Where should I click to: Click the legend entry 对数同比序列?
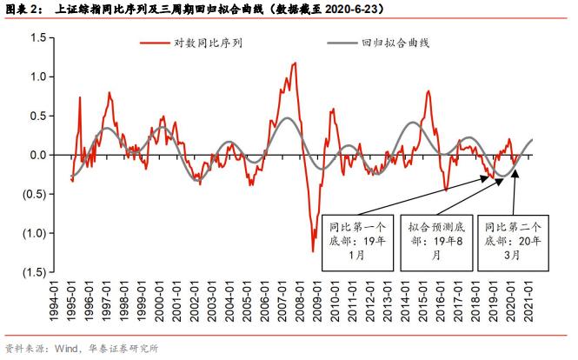point(206,42)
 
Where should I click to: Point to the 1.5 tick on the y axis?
point(37,37)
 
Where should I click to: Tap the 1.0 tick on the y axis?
point(37,77)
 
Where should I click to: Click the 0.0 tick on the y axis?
point(37,155)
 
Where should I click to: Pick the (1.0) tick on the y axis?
point(34,233)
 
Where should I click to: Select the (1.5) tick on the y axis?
point(34,272)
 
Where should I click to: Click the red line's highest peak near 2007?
point(295,63)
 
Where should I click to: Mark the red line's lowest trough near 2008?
point(313,251)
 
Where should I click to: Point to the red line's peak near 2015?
point(429,90)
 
